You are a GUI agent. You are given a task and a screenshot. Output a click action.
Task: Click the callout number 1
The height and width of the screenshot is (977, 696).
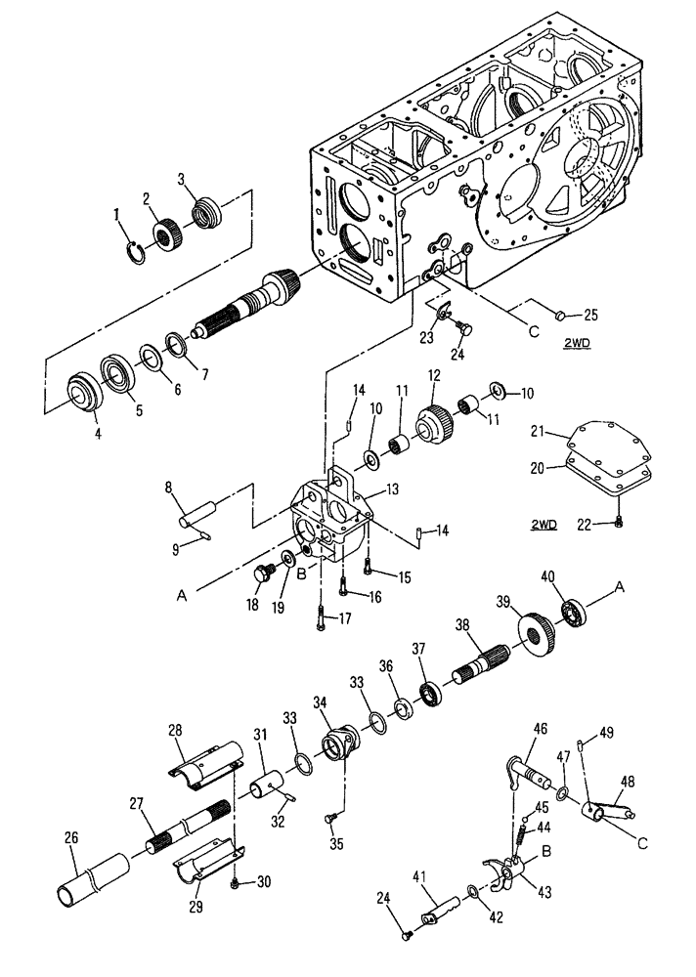117,212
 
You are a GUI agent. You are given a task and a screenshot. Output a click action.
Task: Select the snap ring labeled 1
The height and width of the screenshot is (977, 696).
140,252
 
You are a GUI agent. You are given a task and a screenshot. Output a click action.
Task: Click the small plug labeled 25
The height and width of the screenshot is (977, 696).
561,314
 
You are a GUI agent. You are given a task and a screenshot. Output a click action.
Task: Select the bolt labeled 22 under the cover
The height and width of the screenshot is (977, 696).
619,526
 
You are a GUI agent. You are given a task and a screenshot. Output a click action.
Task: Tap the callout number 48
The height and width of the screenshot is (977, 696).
628,782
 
